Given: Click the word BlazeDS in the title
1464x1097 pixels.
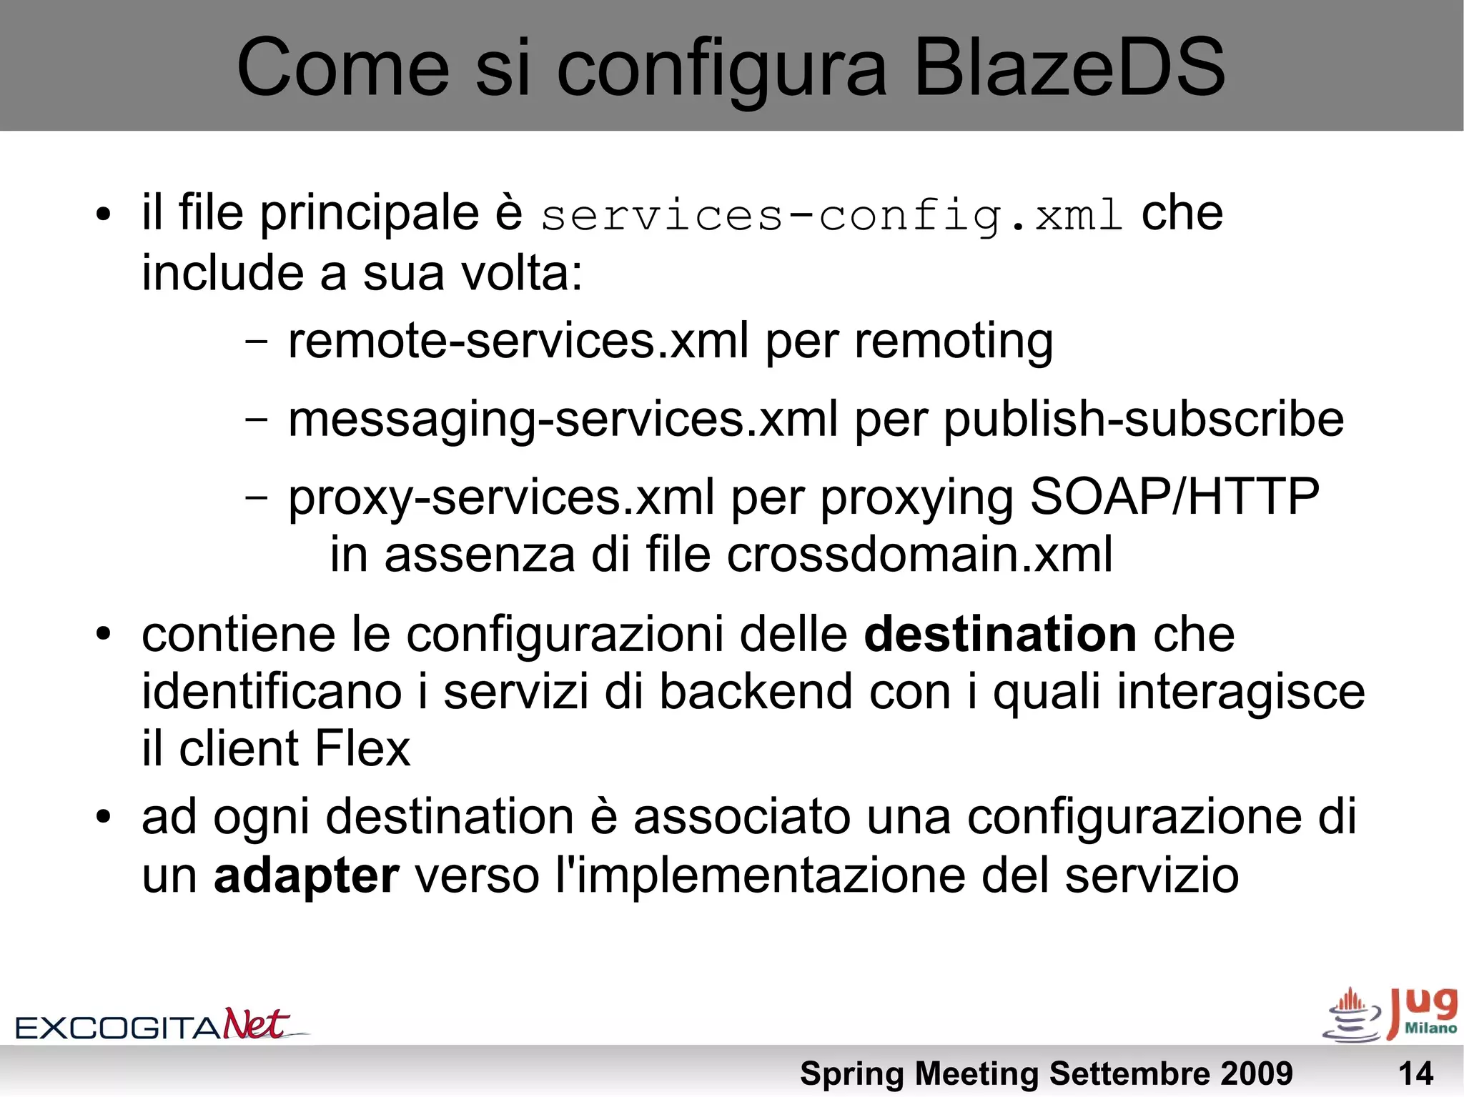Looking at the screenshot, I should pos(1069,68).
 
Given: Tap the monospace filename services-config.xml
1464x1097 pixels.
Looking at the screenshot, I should pos(831,216).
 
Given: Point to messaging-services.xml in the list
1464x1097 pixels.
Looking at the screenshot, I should pos(563,420).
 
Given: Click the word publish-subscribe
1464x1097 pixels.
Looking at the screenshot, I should pos(1143,420).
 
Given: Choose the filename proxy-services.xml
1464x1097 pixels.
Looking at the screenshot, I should pos(501,497).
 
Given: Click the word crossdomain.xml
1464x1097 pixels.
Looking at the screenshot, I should pos(919,555).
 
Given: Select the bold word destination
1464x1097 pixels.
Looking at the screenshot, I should pos(1000,635).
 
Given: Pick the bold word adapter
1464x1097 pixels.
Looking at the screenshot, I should pos(306,875).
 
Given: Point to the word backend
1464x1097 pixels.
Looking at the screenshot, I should pos(756,692).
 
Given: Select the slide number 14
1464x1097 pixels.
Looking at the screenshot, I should pos(1415,1073).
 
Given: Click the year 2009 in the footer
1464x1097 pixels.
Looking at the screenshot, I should pos(1255,1073).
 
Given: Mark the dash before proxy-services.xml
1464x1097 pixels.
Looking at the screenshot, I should pos(256,496).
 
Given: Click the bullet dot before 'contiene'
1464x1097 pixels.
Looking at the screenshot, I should pos(104,634).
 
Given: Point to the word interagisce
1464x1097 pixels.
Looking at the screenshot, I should pos(1240,692).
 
